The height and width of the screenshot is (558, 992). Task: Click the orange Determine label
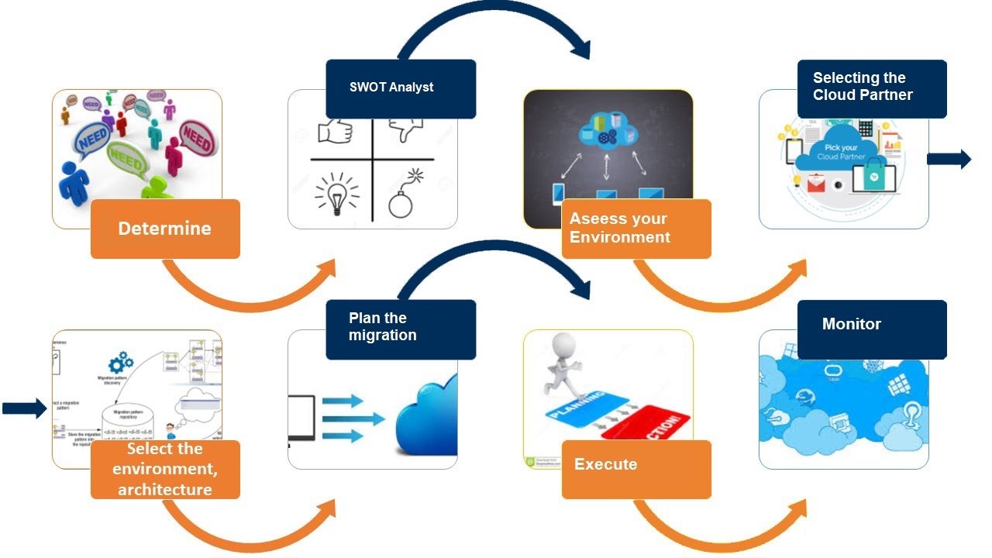tap(165, 229)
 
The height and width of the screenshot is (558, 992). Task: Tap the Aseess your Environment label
tap(636, 229)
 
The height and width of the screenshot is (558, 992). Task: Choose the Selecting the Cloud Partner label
tap(872, 88)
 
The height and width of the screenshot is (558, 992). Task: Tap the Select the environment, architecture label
tap(165, 469)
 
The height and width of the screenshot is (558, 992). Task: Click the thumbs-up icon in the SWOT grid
tap(335, 131)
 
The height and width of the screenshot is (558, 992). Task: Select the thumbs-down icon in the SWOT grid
tap(405, 129)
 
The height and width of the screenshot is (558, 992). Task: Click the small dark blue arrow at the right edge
tap(949, 160)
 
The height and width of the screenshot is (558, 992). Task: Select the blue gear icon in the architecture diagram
tap(121, 362)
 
